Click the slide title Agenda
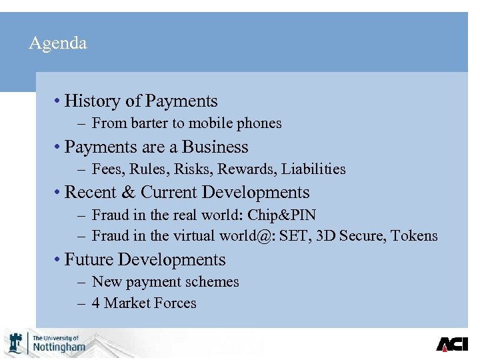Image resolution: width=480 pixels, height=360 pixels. (58, 44)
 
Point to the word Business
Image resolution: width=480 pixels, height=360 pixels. (215, 147)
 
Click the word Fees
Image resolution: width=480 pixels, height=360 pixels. (107, 169)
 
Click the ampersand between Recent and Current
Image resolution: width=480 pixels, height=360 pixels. (128, 193)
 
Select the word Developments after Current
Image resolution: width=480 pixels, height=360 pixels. (256, 193)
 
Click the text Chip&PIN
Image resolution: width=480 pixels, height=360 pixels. (282, 215)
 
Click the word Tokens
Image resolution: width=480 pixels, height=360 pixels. (415, 236)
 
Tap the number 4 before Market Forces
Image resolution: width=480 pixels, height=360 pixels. (96, 303)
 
